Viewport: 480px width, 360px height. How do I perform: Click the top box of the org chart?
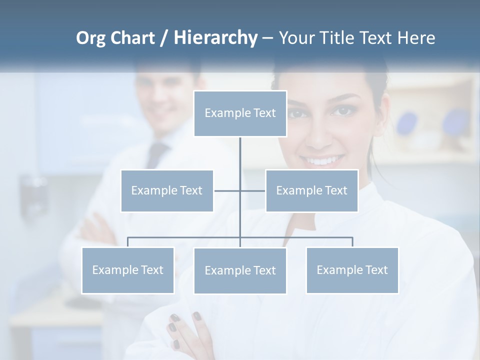[x=240, y=113]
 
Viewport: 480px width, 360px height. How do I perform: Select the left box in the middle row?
[x=167, y=190]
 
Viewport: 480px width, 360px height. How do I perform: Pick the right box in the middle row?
[x=311, y=190]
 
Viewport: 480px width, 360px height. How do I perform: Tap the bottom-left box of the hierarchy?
[x=127, y=270]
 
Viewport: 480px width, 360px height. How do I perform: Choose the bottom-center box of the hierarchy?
[x=240, y=270]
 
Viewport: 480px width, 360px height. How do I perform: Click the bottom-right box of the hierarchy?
[x=352, y=270]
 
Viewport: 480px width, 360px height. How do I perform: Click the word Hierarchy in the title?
[x=215, y=38]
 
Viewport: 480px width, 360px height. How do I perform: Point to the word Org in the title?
[x=90, y=38]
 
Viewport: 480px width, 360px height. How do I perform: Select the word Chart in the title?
[x=132, y=38]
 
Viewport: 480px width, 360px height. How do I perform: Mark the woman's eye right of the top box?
[x=344, y=111]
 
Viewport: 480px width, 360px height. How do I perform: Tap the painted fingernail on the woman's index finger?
[x=197, y=316]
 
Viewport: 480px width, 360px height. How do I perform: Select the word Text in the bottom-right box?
[x=376, y=270]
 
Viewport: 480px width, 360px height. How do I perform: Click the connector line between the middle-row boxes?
[x=239, y=190]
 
